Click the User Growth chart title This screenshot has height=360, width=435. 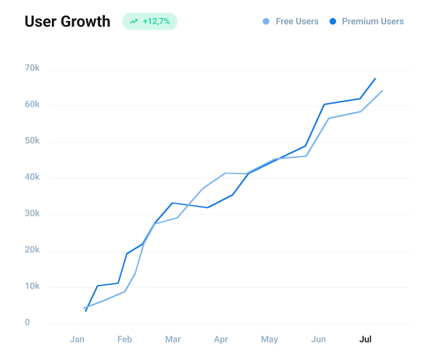(x=67, y=21)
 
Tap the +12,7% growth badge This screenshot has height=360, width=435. (x=150, y=21)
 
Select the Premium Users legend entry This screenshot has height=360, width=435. (x=366, y=21)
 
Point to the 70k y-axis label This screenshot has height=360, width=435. (x=32, y=68)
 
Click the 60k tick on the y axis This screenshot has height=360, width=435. (x=32, y=104)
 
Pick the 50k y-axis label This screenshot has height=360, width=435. (x=32, y=141)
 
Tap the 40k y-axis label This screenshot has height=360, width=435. (x=32, y=177)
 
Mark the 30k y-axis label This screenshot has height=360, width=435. (x=32, y=213)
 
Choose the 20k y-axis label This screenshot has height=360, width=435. (x=32, y=250)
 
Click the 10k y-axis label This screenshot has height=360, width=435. (x=32, y=286)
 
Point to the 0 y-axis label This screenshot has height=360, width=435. (x=27, y=322)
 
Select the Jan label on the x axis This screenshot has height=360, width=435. (x=77, y=340)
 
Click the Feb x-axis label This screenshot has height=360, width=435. (x=125, y=340)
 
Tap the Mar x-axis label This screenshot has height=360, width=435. (x=173, y=340)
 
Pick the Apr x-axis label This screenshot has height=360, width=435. (x=221, y=340)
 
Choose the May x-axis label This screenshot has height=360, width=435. (x=269, y=340)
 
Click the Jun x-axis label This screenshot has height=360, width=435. (x=318, y=340)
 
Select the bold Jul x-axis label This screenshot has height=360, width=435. (x=366, y=340)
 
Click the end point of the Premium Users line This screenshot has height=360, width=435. (x=375, y=78)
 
